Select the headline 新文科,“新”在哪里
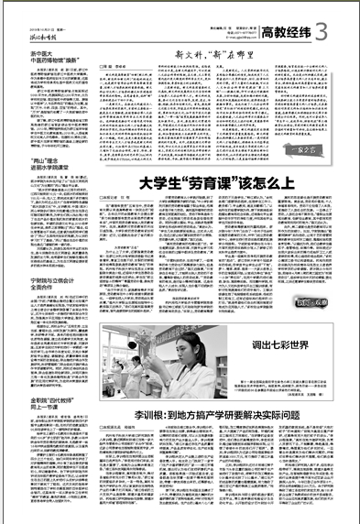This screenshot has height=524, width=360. click(211, 58)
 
